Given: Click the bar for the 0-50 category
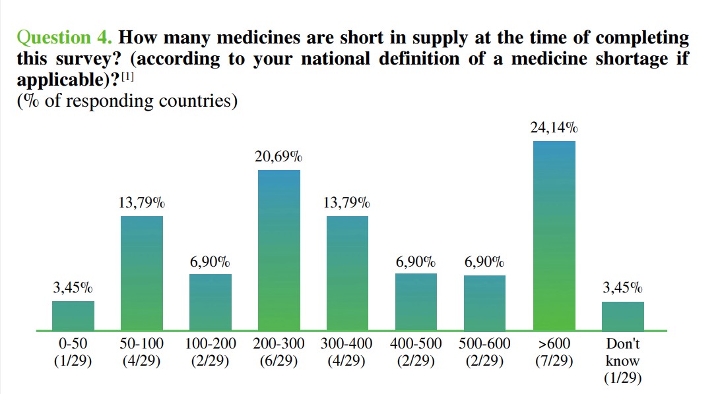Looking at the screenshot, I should pyautogui.click(x=73, y=316).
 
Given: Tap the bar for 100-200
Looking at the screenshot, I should pyautogui.click(x=210, y=302).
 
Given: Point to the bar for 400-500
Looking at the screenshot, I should pyautogui.click(x=416, y=302).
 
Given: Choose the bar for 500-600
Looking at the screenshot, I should pyautogui.click(x=484, y=302).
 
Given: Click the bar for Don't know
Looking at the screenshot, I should pyautogui.click(x=622, y=316).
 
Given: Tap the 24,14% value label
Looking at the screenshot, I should pyautogui.click(x=554, y=128).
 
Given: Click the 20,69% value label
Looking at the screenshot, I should pyautogui.click(x=278, y=157).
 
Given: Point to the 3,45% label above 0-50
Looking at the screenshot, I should pyautogui.click(x=73, y=288).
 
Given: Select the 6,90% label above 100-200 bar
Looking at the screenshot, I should pyautogui.click(x=210, y=262).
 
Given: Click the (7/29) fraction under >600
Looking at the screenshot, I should pyautogui.click(x=554, y=361).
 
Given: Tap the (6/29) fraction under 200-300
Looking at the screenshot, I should pyautogui.click(x=278, y=361).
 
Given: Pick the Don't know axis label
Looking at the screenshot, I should pyautogui.click(x=622, y=352).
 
